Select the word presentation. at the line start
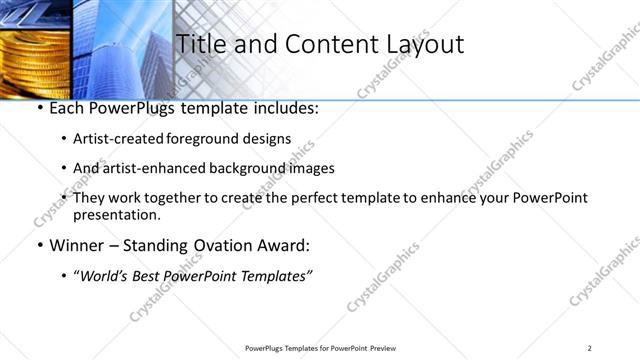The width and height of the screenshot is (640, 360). coord(116,214)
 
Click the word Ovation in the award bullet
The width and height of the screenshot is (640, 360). coord(219,245)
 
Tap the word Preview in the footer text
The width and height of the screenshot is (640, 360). coord(384,347)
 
